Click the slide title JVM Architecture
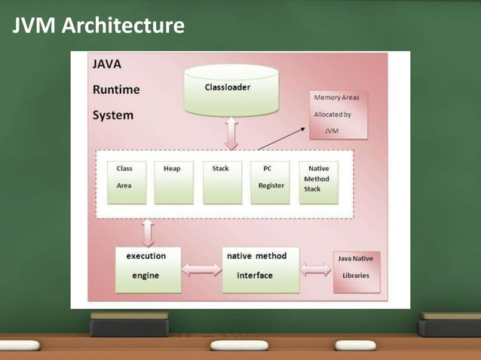point(99,26)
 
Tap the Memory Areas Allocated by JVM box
point(338,114)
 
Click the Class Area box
point(127,182)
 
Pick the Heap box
point(173,182)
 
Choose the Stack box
point(222,182)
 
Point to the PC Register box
point(270,182)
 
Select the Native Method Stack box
point(318,182)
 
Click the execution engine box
point(148,269)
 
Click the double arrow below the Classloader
point(231,134)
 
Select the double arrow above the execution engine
point(148,232)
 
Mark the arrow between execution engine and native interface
point(201,270)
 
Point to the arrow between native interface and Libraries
point(316,269)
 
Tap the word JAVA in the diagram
point(106,65)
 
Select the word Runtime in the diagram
point(115,90)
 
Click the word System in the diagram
point(112,115)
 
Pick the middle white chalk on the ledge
point(238,345)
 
